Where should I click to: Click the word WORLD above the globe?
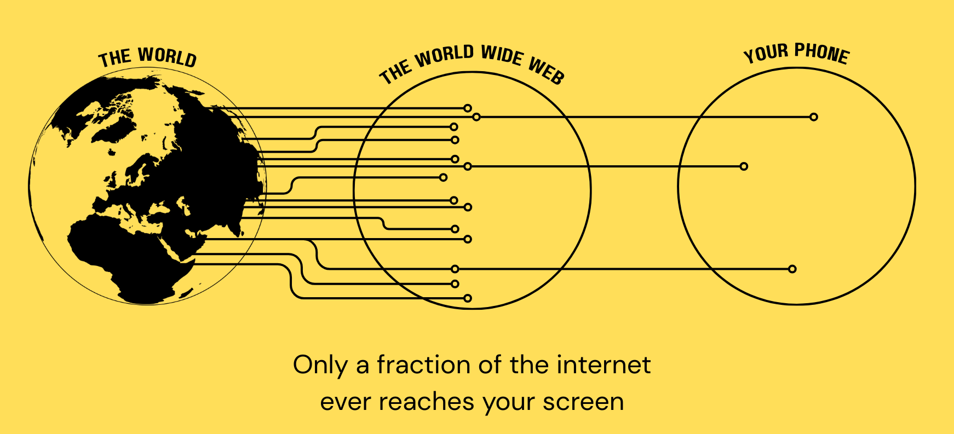point(167,57)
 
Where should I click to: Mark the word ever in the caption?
point(344,402)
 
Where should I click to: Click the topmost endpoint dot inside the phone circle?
point(814,117)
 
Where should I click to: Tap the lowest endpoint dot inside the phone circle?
point(792,269)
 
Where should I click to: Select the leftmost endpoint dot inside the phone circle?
point(744,166)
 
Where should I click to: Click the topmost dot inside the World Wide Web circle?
point(467,108)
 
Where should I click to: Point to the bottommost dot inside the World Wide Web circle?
point(467,298)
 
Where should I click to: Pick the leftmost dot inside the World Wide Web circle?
point(443,177)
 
